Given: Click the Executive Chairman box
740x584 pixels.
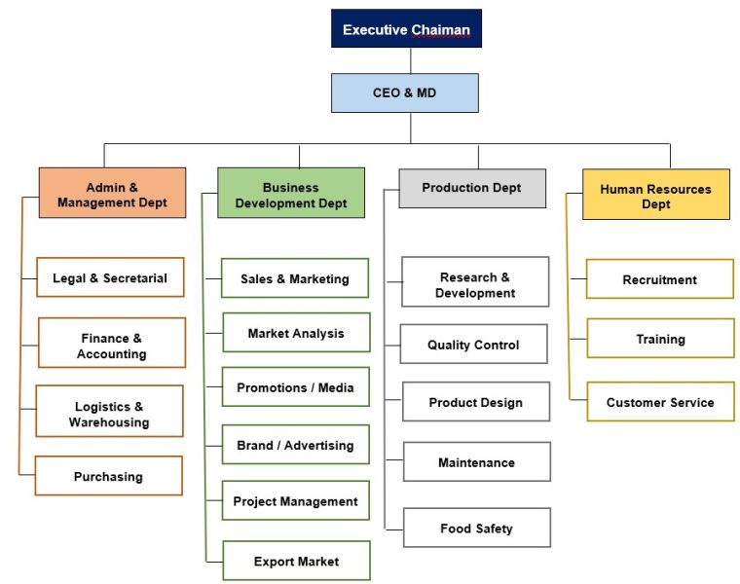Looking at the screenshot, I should click(406, 29).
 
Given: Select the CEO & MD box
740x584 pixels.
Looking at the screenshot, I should click(405, 92).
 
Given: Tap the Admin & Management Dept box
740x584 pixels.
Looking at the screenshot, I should click(112, 194).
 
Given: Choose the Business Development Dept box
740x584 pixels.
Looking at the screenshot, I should click(290, 194).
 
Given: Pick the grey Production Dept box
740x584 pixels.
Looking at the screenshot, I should click(472, 188).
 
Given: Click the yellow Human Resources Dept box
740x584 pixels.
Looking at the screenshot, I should click(655, 195).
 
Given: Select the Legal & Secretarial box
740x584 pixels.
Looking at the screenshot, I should click(110, 277).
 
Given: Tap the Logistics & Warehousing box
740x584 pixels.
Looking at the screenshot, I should click(109, 413).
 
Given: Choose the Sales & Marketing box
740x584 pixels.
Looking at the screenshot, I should click(294, 278).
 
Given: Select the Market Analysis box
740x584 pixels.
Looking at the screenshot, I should click(296, 333).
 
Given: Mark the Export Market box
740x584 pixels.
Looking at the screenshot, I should click(296, 561).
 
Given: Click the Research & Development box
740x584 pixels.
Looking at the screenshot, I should click(475, 283).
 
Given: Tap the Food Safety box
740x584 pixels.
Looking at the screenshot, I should click(476, 528).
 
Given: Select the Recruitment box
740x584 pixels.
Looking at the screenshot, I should click(660, 279).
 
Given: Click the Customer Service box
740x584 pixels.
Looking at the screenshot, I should click(660, 401).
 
